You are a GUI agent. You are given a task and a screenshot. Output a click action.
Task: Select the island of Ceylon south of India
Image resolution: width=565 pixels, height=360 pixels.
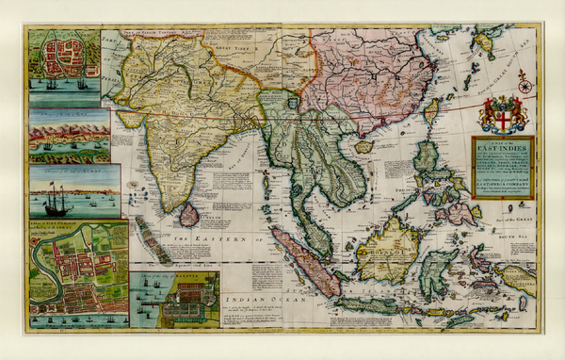pos(190,215)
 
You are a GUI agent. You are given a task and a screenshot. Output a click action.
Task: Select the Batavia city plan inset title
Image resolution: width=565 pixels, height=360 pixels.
pos(174,276)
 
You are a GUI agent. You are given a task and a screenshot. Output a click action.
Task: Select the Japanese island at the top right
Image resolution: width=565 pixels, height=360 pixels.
pos(486,42)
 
